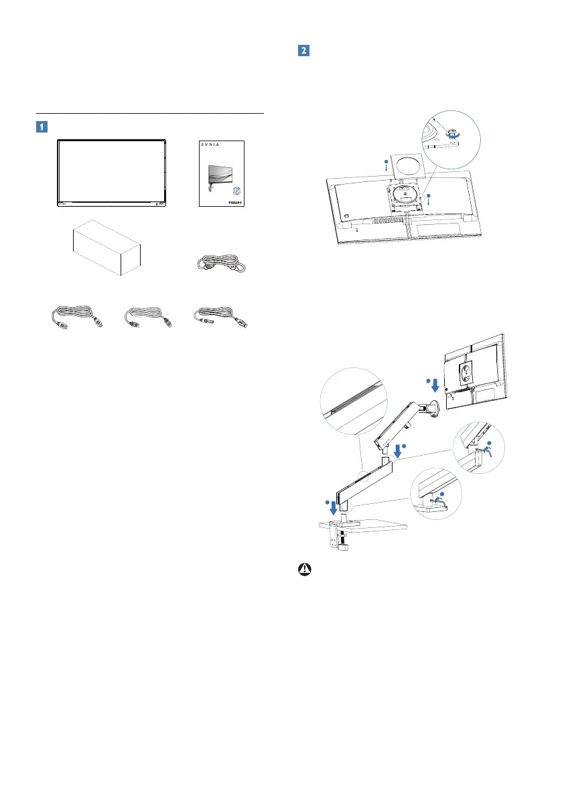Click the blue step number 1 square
click(42, 125)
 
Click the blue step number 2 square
click(303, 50)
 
